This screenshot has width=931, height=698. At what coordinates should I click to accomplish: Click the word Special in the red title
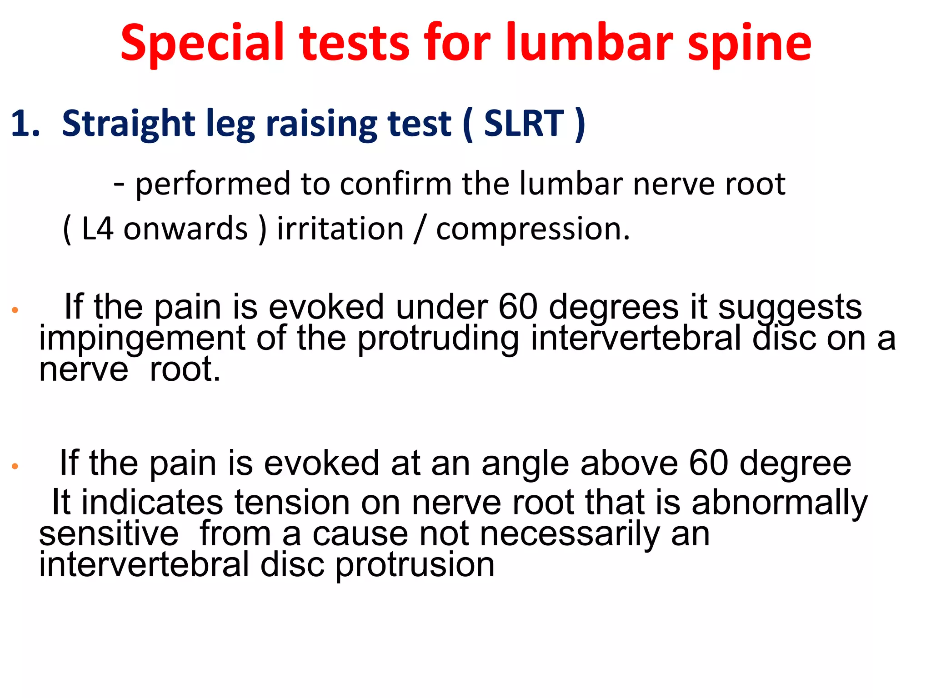click(202, 43)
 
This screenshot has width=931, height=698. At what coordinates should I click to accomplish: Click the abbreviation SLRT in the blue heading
click(524, 124)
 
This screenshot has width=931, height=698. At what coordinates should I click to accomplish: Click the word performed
click(213, 184)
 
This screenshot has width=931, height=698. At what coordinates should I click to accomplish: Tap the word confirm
click(395, 184)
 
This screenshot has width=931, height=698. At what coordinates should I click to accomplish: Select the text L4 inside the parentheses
click(97, 229)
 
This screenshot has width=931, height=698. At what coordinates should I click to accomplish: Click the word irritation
click(340, 229)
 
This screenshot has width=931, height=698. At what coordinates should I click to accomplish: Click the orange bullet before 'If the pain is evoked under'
click(15, 310)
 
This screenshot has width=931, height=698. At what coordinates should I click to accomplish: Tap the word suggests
click(790, 308)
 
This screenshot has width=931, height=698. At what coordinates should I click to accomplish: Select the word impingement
click(142, 339)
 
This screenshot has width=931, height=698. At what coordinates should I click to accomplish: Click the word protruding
click(438, 339)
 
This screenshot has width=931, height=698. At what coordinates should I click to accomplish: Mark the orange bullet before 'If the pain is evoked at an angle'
click(15, 466)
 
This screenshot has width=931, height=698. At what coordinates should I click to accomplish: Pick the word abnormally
click(779, 504)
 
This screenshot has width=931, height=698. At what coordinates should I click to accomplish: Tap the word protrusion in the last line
click(415, 565)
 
